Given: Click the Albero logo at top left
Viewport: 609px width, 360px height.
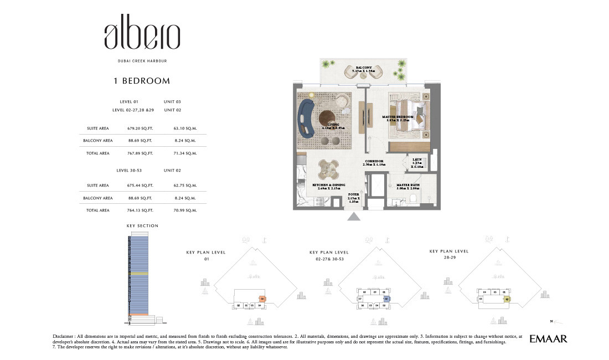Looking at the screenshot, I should coord(142,37).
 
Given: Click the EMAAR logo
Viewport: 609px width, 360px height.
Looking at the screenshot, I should coord(548,338).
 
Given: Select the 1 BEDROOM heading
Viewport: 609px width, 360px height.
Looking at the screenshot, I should coord(142,81).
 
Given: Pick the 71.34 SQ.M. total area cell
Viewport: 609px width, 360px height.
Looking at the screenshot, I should coord(185,153).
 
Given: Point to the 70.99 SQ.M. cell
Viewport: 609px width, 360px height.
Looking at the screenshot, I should coord(185,210).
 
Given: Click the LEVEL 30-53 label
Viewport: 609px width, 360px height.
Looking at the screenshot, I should coord(128,171).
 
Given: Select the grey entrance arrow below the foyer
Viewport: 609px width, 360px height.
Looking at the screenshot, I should coord(353,217).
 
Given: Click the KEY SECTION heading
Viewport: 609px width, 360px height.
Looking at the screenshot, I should coord(142,226).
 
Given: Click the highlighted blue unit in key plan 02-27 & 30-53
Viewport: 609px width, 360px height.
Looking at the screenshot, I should coord(386,299).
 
